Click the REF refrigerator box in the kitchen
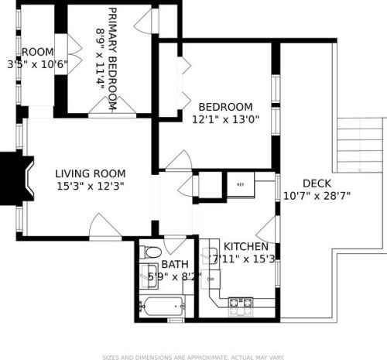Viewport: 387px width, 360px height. pos(240,184)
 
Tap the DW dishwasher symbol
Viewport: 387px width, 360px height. pos(210,278)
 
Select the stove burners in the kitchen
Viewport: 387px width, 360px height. pos(241,302)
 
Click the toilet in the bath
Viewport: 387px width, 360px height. pos(152,252)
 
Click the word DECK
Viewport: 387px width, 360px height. pos(317,183)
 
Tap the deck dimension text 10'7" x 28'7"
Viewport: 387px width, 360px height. pos(317,196)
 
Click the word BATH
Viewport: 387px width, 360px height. pos(173,264)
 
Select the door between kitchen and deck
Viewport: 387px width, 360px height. pos(269,229)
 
